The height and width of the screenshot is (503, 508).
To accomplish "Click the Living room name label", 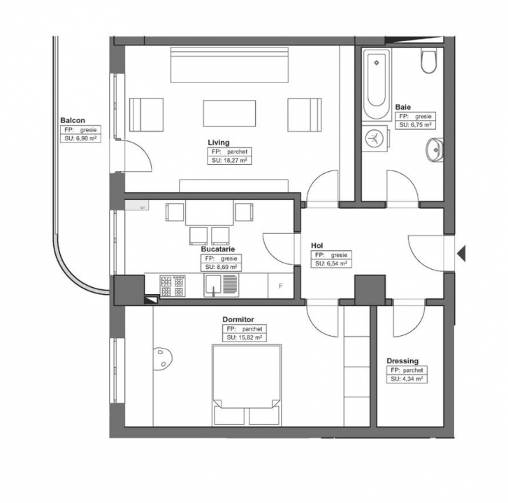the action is tap(218, 143).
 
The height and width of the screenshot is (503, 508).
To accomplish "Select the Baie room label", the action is tap(403, 107).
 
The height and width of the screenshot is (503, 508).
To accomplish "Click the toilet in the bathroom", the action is tap(429, 61).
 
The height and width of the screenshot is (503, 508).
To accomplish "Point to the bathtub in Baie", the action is tap(376, 85).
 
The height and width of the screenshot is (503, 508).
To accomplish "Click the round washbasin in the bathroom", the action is tap(434, 150).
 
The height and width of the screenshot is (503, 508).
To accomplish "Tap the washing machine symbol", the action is tap(375, 138).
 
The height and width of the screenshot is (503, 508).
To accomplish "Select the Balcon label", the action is tap(73, 120).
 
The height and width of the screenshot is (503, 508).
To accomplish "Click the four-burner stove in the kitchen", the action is tap(173, 286).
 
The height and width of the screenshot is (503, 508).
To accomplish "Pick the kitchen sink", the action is tap(222, 285).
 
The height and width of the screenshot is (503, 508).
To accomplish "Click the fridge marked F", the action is tap(281, 286).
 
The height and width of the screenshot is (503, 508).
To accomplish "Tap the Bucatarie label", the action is tap(218, 249).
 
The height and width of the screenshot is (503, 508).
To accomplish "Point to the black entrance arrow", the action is tap(461, 253).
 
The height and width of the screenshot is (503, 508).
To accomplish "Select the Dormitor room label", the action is tap(238, 320).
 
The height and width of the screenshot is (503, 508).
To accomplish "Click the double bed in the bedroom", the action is tap(247, 386).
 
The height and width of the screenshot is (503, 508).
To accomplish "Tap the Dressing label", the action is tap(402, 360).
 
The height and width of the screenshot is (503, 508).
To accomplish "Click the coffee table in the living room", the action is tap(229, 113).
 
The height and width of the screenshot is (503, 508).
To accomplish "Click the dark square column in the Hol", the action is tap(370, 290).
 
